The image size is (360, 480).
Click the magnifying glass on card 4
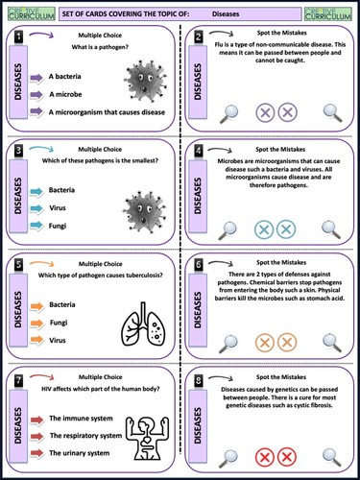pos(228,230)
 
